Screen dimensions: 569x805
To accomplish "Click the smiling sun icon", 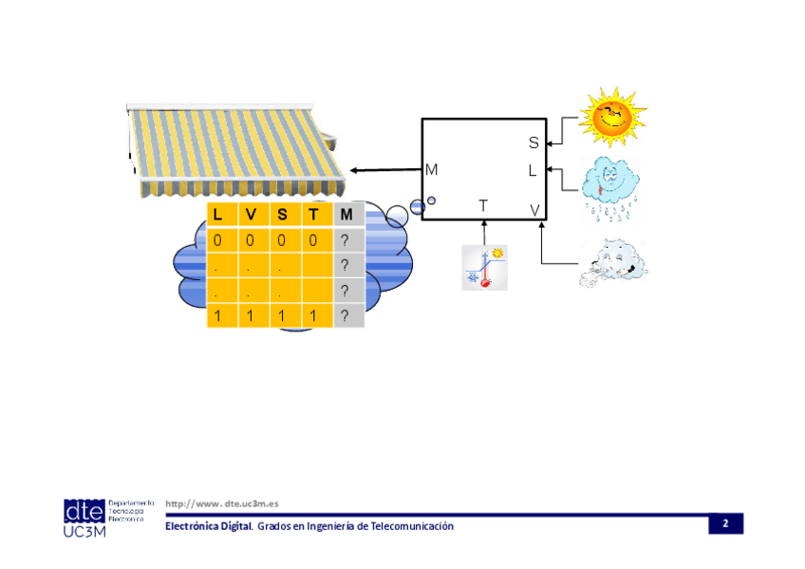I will click(612, 116).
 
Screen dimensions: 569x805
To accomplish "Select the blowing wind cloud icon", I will click(614, 263).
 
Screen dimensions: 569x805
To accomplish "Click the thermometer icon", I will click(484, 267).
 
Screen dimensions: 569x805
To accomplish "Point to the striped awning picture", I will click(237, 147).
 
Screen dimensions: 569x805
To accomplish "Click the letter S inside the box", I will click(534, 142).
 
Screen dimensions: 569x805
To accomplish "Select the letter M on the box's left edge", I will click(432, 170).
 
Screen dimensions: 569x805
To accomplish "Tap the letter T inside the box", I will click(483, 205).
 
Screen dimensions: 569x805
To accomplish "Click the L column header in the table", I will click(218, 215).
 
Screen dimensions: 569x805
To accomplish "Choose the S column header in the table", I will click(282, 215).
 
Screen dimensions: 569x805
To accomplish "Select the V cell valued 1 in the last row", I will click(250, 316).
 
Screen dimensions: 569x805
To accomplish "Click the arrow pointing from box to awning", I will click(384, 170).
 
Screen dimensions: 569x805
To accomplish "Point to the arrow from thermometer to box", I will click(484, 233).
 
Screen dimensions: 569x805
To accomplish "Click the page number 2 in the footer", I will click(725, 524).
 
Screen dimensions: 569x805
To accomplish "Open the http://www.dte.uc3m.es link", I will click(221, 503).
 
